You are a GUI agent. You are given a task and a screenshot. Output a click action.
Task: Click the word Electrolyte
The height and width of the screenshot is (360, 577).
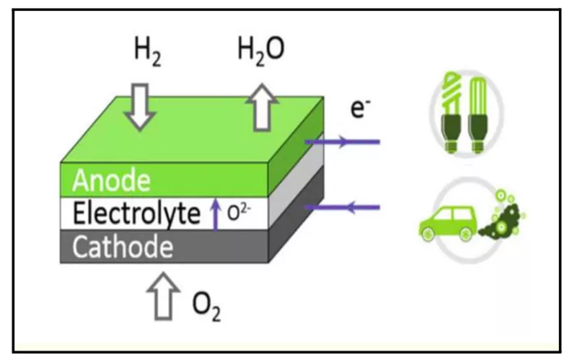click(x=136, y=214)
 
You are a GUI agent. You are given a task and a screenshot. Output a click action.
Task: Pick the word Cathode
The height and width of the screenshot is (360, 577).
click(x=123, y=248)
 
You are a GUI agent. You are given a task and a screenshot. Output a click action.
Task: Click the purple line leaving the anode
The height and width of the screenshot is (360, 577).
click(x=343, y=142)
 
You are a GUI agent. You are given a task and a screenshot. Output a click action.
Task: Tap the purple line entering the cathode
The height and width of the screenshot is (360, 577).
click(x=343, y=208)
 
